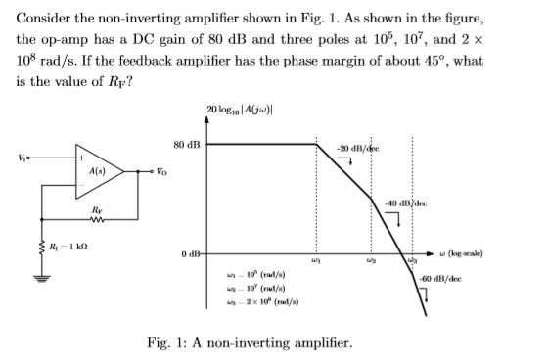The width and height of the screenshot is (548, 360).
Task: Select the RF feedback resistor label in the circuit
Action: (x=93, y=208)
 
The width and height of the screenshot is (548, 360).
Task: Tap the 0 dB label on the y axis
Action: (x=189, y=256)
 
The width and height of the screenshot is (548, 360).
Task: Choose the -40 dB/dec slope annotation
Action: (x=403, y=203)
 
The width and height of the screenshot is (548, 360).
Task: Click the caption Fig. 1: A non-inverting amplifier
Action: (x=249, y=342)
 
